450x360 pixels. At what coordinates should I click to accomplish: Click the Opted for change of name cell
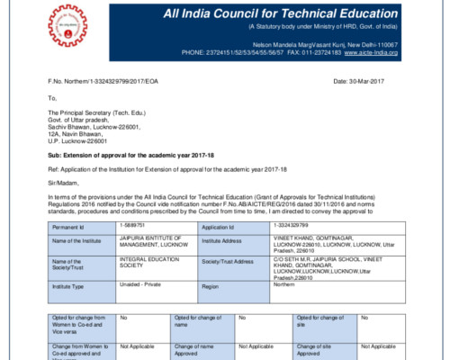point(197,321)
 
